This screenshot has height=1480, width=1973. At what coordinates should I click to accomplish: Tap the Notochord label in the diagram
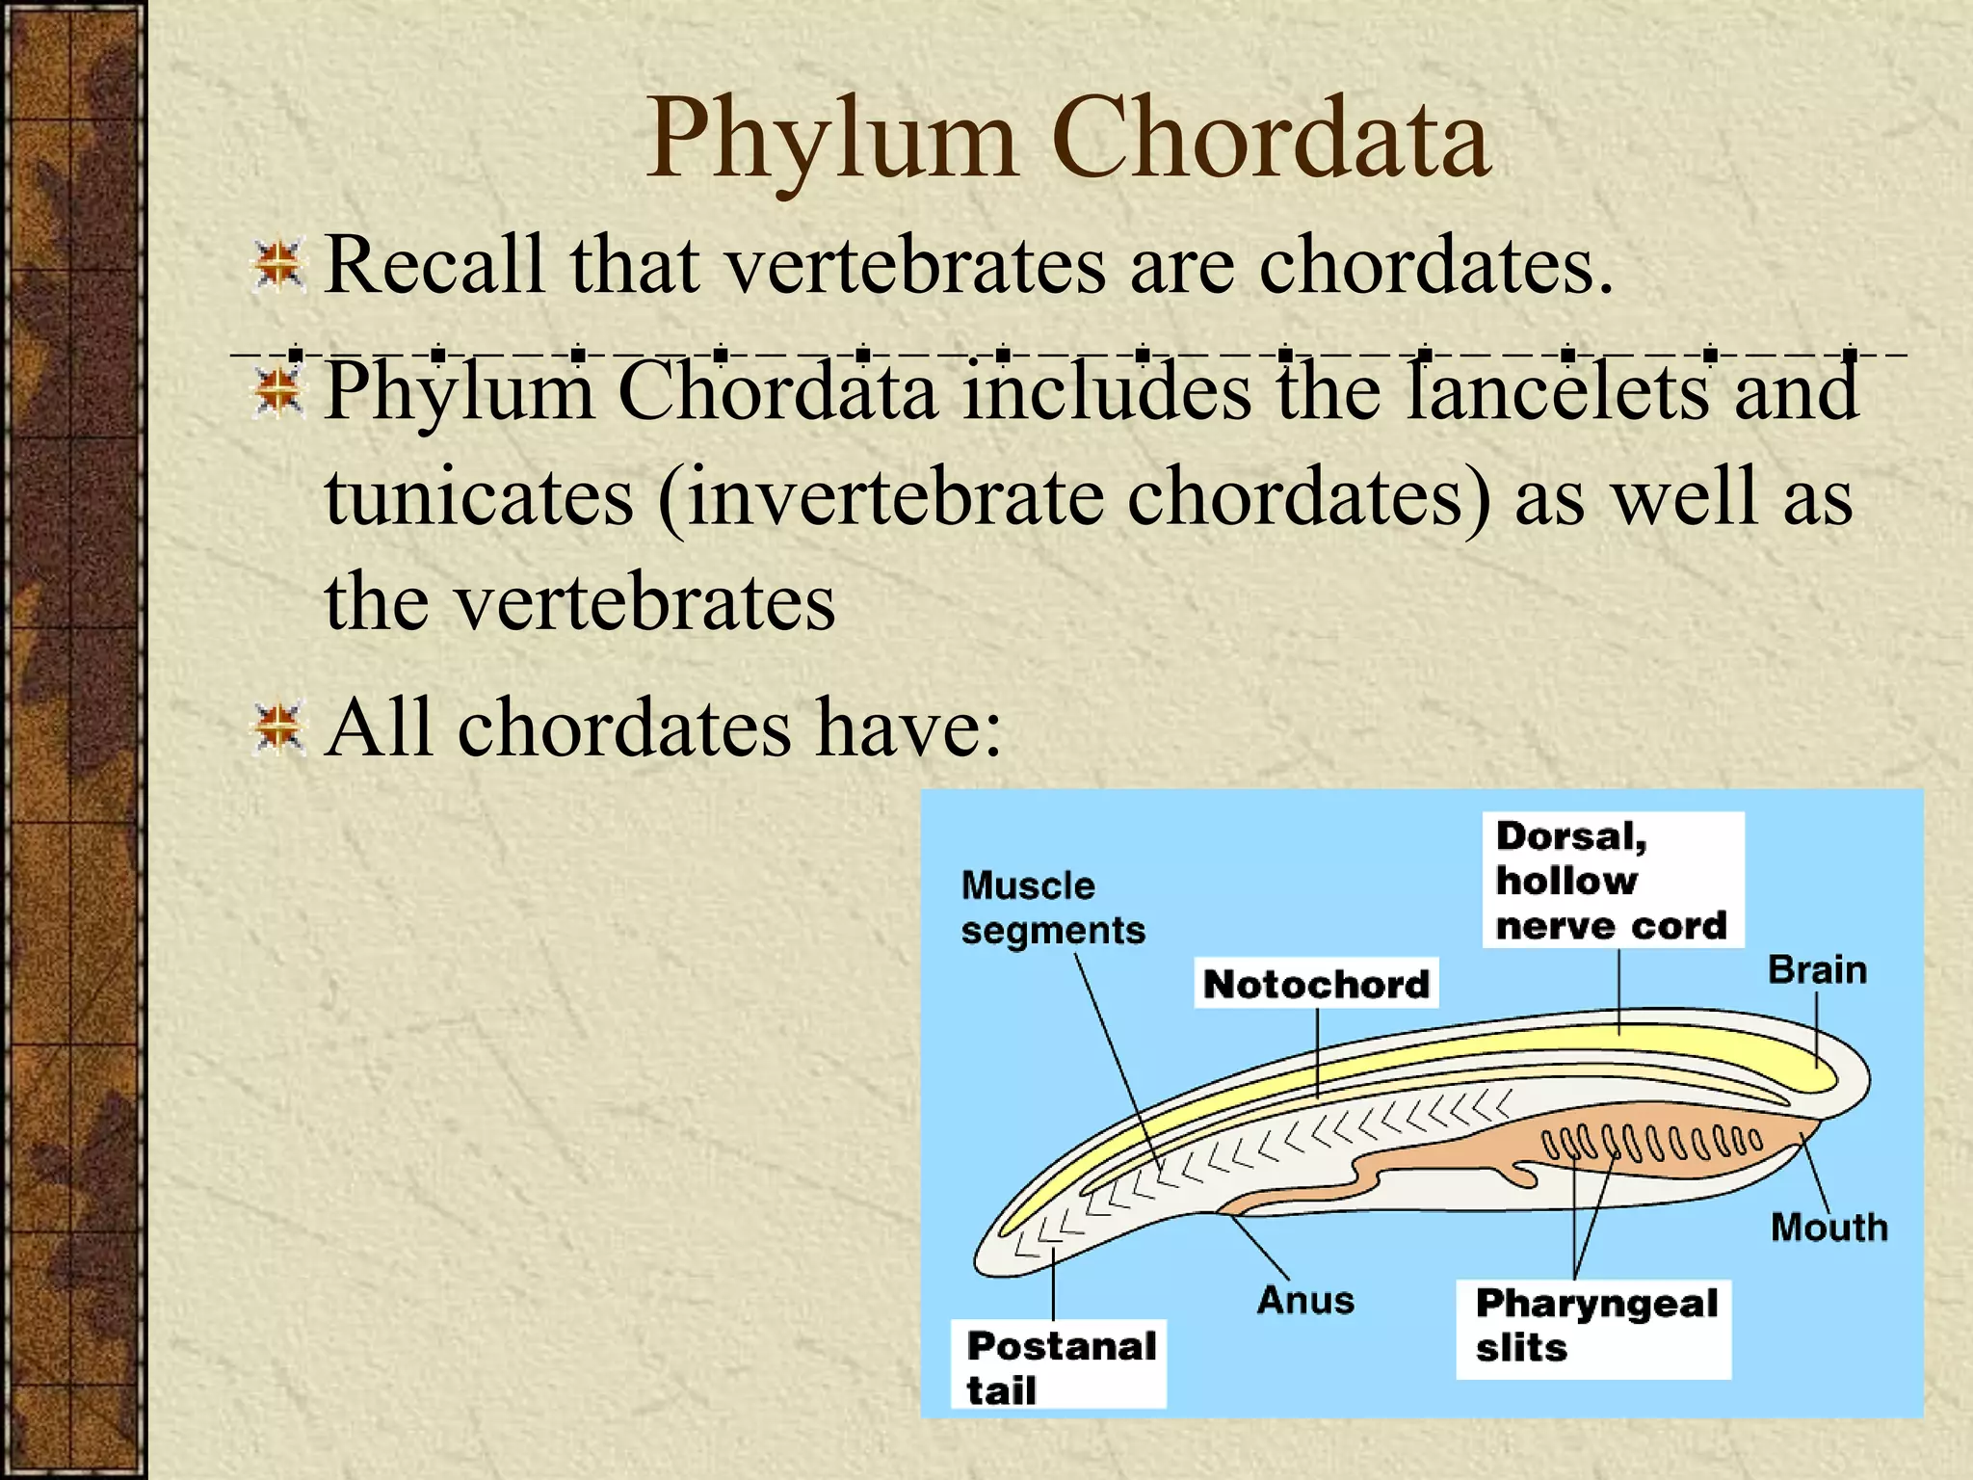pos(1316,984)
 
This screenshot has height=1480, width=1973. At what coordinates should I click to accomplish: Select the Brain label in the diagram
pos(1817,970)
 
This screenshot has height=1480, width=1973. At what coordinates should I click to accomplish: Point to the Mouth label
pos(1828,1228)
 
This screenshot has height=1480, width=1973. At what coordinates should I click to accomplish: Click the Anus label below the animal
pos(1305,1301)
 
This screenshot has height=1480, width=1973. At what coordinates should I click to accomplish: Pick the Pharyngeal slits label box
pos(1593,1326)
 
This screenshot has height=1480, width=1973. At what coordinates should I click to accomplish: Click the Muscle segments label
pos(1052,908)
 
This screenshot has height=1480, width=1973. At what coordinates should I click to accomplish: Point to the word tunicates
pos(479,497)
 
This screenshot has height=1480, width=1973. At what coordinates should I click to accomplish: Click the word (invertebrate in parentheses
pos(880,499)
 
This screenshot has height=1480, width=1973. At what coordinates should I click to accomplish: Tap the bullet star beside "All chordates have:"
pos(278,729)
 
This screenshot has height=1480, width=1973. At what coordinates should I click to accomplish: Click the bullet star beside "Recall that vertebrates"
pos(278,266)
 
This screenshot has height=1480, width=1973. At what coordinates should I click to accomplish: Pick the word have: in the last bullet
pos(909,728)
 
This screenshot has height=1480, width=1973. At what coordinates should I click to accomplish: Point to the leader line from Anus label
pos(1258,1247)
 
